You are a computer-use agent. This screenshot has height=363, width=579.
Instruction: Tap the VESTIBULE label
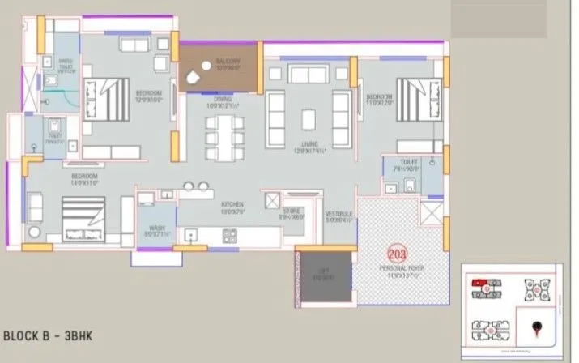coord(338,216)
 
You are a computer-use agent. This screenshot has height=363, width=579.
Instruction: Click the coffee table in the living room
coord(309,113)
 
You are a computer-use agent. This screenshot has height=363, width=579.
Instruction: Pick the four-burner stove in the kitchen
coord(230,237)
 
